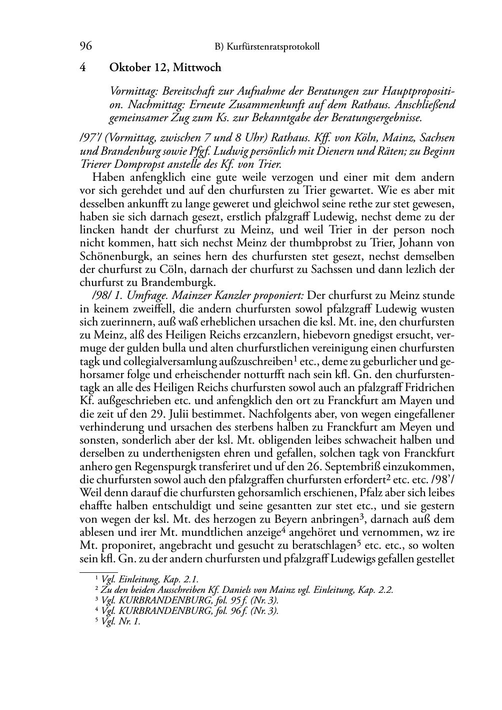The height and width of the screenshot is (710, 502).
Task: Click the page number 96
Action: (x=85, y=47)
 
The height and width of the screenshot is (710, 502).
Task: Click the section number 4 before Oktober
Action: (x=83, y=67)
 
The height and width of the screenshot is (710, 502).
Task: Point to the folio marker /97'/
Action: (x=91, y=138)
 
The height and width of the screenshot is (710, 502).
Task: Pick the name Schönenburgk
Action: (x=110, y=256)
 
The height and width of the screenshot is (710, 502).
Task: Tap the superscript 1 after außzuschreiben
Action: (x=296, y=358)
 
